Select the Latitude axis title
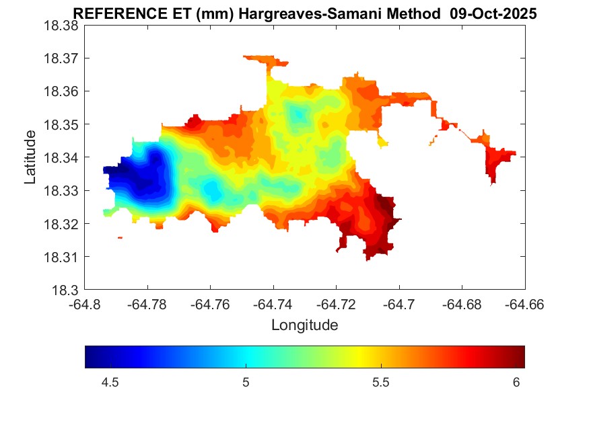tap(30, 157)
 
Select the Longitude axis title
tap(304, 325)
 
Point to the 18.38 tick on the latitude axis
tap(62, 25)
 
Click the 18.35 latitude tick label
tap(62, 124)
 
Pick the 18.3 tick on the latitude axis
tap(67, 290)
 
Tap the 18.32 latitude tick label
tap(62, 224)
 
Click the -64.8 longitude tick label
tap(84, 304)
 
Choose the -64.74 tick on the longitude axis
tap(273, 304)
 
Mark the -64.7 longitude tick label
tap(399, 304)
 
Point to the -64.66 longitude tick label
tap(524, 304)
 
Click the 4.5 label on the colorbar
tap(110, 383)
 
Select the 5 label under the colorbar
tap(246, 383)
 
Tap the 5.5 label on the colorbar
tap(381, 383)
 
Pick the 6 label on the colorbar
tap(516, 383)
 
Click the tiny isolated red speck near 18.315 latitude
tap(120, 237)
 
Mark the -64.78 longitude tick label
tap(147, 304)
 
